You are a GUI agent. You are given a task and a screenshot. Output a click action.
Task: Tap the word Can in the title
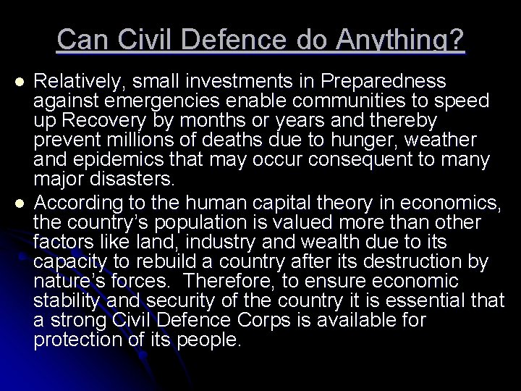[81, 40]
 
